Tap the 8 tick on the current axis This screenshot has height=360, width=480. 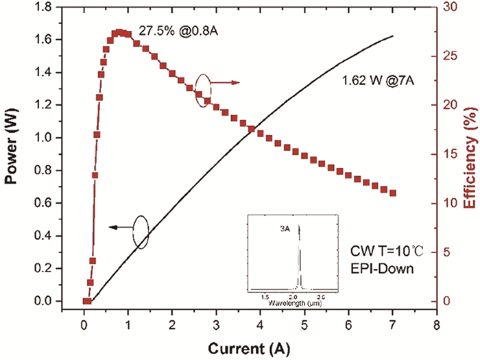(436, 324)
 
